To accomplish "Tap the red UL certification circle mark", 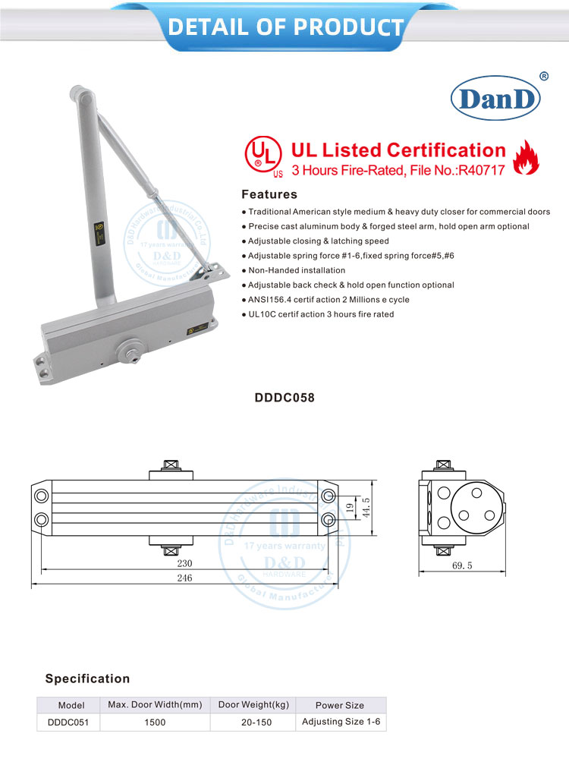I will coord(259,153).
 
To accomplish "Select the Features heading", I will coord(269,194).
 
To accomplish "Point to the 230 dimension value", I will coord(184,563).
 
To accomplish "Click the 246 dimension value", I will coord(184,578).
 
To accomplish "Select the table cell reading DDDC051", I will coord(67,723).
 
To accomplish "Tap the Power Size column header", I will coord(339,705).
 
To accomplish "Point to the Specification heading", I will coord(87,679).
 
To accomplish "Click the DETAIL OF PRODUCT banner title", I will coord(285,27).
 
